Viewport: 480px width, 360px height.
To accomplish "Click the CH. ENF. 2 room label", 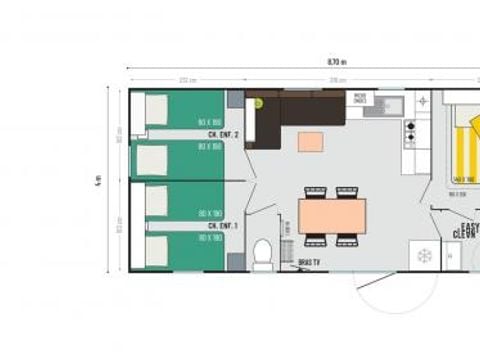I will pyautogui.click(x=222, y=133).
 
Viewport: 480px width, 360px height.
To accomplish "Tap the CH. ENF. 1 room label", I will pyautogui.click(x=222, y=226).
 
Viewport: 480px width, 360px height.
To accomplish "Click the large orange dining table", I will pyautogui.click(x=332, y=214).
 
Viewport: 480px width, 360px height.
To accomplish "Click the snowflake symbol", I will pyautogui.click(x=426, y=255).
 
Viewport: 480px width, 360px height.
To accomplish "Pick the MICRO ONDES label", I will pyautogui.click(x=361, y=99).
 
